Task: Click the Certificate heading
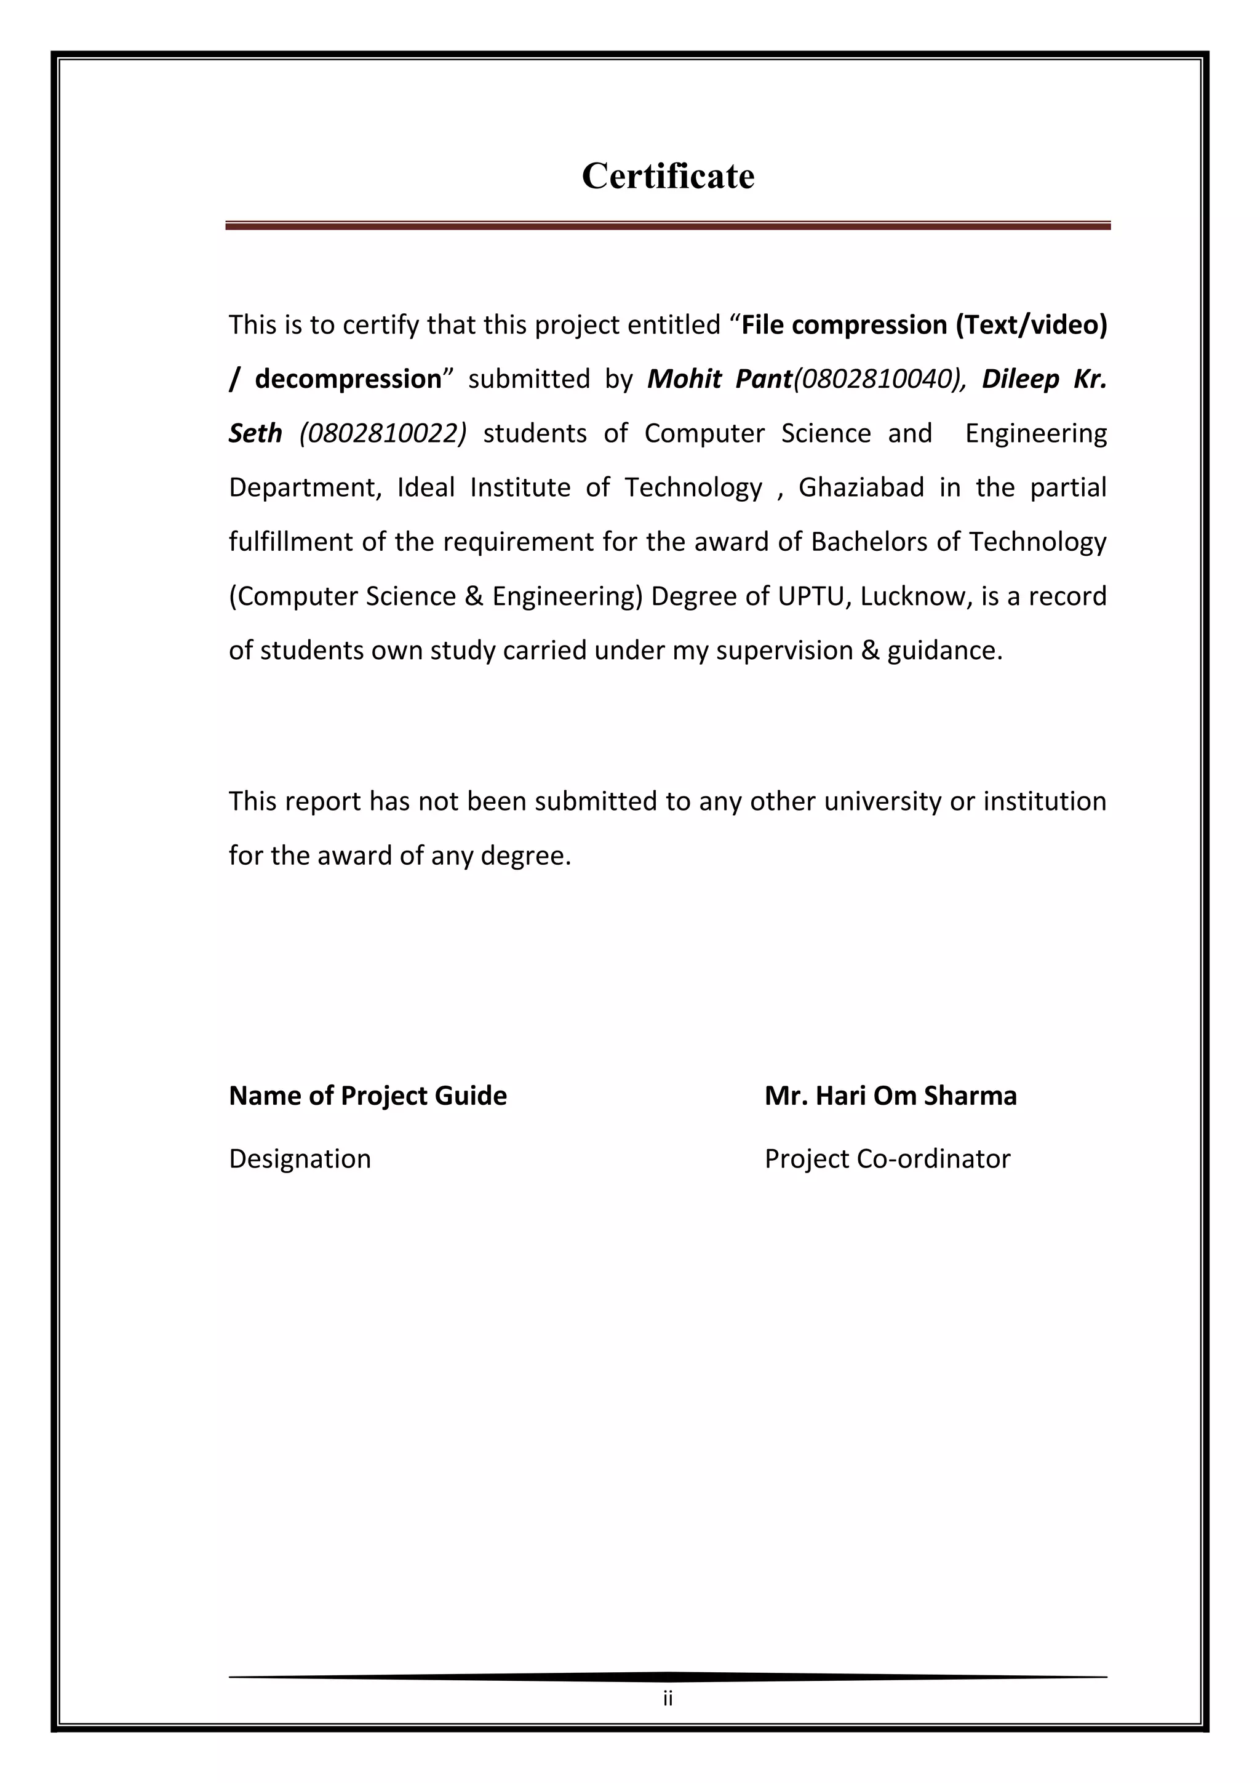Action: click(x=668, y=176)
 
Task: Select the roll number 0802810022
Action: click(x=383, y=433)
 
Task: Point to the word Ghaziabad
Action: click(x=861, y=487)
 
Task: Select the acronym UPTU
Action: click(x=810, y=596)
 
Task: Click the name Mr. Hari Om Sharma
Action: click(x=890, y=1096)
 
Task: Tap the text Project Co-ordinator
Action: click(x=887, y=1159)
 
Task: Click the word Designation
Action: click(x=300, y=1159)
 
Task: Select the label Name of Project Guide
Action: click(x=367, y=1096)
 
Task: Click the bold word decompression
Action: click(x=348, y=379)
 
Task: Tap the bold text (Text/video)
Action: click(x=1031, y=324)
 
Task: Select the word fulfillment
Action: click(x=290, y=542)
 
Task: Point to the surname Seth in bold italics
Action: click(x=255, y=433)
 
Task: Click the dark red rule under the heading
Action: click(x=668, y=226)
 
